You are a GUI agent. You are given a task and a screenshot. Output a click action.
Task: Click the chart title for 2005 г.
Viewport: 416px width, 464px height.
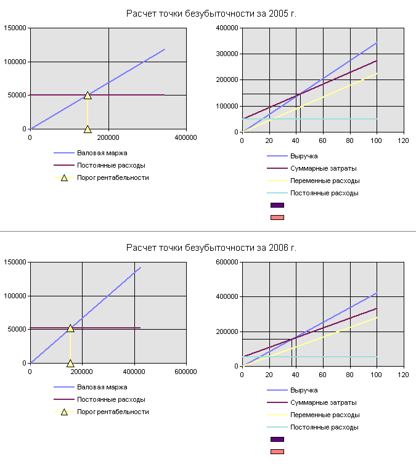(211, 14)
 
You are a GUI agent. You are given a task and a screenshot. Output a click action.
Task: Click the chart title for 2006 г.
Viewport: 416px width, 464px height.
(211, 248)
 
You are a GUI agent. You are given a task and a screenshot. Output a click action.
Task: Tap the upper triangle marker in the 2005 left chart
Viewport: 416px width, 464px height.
(88, 95)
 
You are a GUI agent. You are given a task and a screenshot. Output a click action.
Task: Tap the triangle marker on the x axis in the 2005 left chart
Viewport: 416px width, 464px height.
(88, 129)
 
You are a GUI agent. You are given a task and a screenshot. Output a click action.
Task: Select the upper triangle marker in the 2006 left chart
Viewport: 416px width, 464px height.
(70, 328)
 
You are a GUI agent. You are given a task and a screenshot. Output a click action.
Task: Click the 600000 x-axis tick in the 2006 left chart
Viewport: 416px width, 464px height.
(186, 372)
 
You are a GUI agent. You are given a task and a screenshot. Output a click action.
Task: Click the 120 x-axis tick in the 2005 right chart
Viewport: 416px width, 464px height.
(403, 141)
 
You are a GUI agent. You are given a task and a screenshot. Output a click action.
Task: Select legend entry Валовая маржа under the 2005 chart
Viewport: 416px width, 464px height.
(102, 153)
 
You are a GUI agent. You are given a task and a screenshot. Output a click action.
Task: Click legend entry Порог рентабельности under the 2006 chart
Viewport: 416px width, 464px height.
(113, 412)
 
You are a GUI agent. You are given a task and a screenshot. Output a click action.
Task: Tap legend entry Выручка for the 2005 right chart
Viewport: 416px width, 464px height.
(304, 156)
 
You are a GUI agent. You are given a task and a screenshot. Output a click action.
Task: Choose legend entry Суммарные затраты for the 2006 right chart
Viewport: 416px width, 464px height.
(323, 402)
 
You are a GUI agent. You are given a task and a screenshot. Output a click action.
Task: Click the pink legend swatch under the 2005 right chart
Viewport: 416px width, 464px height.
(277, 218)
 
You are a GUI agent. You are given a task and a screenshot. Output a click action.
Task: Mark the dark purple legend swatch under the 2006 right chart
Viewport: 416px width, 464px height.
(277, 439)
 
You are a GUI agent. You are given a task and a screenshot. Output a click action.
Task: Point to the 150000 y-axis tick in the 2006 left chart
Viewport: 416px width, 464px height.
(14, 262)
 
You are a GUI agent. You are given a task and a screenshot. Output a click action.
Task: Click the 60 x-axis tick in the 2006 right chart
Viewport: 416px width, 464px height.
(323, 375)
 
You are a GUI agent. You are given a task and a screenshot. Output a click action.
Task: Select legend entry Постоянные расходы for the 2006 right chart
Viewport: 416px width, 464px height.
(324, 427)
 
